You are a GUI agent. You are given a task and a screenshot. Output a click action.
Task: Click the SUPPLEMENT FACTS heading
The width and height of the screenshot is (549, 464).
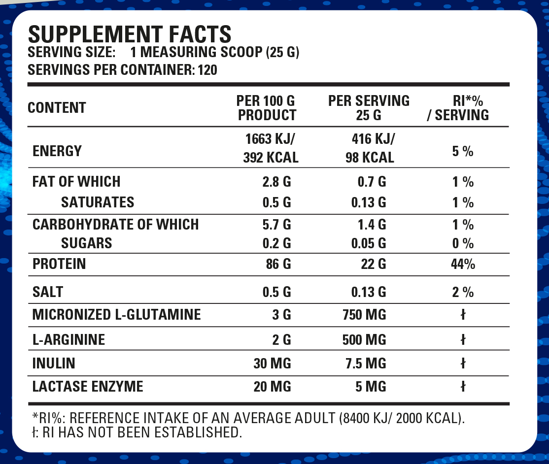130,34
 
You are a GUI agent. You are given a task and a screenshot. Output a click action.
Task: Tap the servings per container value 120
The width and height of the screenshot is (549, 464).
207,70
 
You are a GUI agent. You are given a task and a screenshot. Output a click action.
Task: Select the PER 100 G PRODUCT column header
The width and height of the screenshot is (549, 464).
267,108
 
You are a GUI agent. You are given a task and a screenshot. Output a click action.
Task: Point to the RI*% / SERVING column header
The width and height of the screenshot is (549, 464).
462,108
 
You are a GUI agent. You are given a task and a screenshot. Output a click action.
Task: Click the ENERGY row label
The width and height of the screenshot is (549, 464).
57,151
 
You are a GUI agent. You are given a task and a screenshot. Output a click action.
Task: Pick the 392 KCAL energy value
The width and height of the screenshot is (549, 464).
271,158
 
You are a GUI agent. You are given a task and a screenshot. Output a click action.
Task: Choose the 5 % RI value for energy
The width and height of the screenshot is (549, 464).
462,151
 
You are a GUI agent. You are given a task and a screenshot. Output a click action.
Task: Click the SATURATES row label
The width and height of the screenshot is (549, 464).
98,202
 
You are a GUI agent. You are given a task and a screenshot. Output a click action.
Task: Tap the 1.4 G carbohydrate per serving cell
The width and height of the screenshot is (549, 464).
372,225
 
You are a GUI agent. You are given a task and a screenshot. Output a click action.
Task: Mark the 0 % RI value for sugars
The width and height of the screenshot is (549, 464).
462,243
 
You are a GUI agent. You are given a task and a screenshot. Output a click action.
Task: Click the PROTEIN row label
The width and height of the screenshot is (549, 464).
59,264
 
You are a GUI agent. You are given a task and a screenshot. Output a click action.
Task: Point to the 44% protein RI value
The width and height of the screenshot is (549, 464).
463,264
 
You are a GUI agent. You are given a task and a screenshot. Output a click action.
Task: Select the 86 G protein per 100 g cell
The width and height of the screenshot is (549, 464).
278,264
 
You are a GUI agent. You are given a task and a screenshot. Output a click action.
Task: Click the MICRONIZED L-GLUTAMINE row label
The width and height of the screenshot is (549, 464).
117,315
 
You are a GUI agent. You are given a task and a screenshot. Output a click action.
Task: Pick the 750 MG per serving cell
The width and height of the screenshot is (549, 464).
364,315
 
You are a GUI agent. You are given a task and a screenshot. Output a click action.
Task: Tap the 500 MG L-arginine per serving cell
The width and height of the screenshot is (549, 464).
364,340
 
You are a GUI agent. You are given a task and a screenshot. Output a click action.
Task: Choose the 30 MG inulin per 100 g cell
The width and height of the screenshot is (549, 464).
272,364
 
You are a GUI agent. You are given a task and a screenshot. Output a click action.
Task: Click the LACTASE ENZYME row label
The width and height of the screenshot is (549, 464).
88,387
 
